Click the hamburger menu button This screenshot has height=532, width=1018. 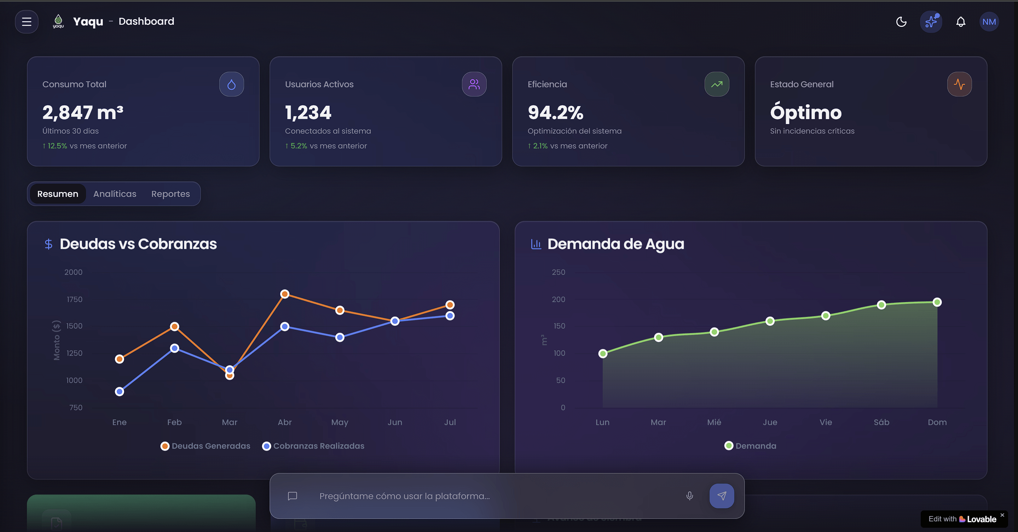[x=27, y=22]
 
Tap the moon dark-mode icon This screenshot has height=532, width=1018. [x=901, y=22]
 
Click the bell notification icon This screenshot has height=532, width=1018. [x=961, y=22]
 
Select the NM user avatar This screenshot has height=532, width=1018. [x=989, y=22]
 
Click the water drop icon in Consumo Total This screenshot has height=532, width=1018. [x=232, y=84]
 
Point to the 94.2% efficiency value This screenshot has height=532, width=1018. [x=555, y=112]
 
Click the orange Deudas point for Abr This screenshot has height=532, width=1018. [x=284, y=294]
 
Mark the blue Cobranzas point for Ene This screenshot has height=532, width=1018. [x=119, y=391]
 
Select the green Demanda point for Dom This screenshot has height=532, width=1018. [x=937, y=302]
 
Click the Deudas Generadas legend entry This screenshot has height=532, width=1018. [x=206, y=446]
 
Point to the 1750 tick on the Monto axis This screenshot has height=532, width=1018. [x=74, y=299]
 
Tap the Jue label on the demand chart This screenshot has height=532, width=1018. [x=770, y=422]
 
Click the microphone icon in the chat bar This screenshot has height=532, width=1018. [x=690, y=496]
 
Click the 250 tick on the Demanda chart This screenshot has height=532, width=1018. [x=559, y=272]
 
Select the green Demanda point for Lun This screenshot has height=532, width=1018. [x=603, y=353]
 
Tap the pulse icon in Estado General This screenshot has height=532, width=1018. [x=959, y=84]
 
